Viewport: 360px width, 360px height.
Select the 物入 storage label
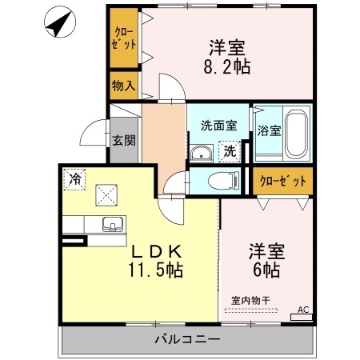click(x=123, y=84)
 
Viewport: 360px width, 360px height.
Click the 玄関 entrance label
click(x=124, y=141)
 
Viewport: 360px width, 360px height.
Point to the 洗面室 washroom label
click(x=218, y=126)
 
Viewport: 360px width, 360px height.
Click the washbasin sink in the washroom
click(x=200, y=153)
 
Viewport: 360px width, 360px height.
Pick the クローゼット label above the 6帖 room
click(x=283, y=181)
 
